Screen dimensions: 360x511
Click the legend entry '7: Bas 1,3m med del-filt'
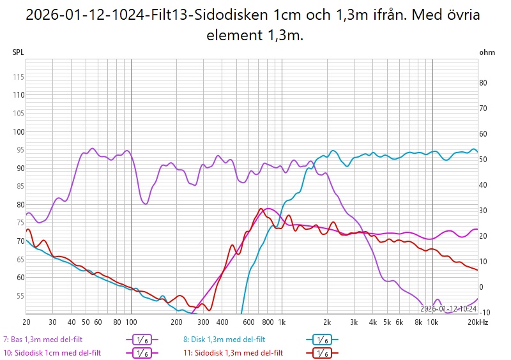click(43, 340)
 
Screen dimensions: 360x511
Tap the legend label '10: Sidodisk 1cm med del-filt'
click(52, 352)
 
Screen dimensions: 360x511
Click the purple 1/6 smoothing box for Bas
click(141, 340)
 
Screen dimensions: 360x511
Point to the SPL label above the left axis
click(18, 52)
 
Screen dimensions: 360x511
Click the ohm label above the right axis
click(487, 52)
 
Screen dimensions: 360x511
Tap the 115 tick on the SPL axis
click(18, 77)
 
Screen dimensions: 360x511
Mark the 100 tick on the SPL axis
click(18, 131)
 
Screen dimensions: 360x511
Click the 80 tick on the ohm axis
click(484, 82)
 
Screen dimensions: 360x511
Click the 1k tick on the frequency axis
click(282, 322)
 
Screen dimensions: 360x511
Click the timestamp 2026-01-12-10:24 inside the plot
click(448, 308)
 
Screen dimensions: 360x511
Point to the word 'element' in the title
click(232, 36)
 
